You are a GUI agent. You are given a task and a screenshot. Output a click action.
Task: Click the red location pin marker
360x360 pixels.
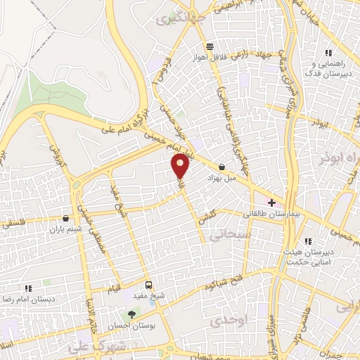tap(181, 166)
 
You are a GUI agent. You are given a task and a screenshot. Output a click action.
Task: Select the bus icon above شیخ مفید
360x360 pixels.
tap(148, 285)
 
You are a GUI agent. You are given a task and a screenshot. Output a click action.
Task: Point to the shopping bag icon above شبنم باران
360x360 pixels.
tap(65, 218)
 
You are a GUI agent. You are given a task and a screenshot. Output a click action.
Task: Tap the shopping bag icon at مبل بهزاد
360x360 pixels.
tap(222, 167)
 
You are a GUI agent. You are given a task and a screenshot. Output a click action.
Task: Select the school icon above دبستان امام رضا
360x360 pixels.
tap(28, 288)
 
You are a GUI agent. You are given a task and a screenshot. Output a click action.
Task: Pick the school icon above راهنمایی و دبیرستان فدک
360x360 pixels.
tap(327, 53)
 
